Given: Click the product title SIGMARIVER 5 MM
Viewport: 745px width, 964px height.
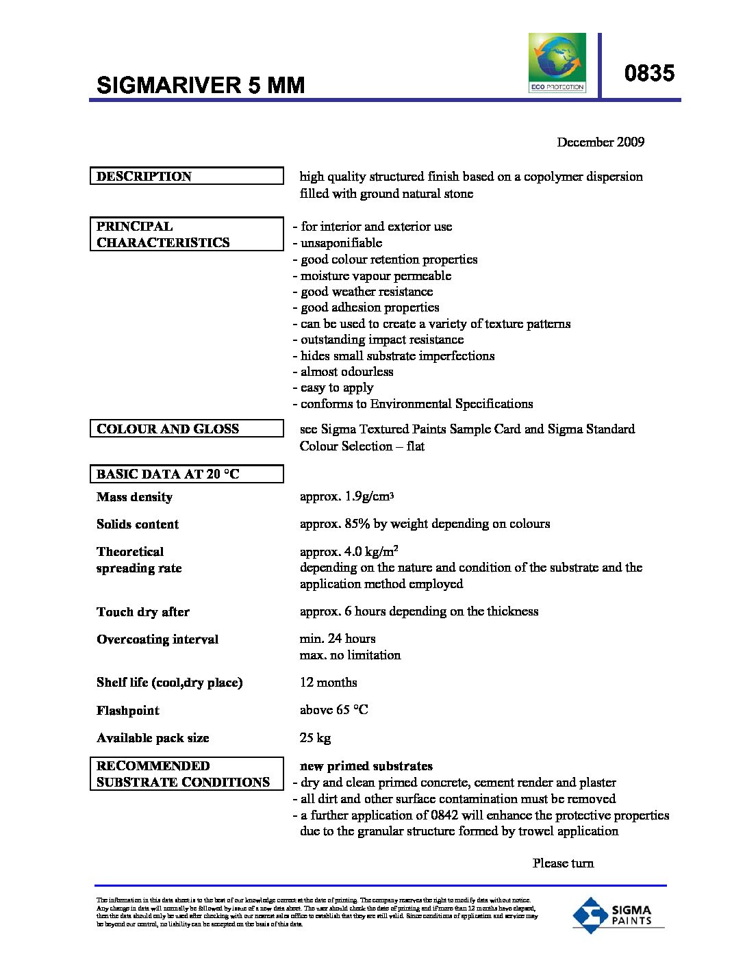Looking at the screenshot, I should tap(201, 85).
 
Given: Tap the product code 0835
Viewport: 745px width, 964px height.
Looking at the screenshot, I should tap(649, 73).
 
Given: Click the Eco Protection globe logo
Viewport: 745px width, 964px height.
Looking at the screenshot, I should tap(557, 62).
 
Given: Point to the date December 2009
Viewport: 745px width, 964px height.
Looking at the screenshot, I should tap(600, 142).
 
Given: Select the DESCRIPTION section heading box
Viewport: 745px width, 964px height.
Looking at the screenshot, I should tap(186, 176).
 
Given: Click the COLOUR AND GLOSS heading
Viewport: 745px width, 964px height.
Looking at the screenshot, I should tap(186, 429).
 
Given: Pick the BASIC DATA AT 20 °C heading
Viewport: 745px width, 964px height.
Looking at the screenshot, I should tap(186, 474).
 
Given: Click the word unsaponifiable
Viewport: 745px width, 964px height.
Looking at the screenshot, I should tap(341, 243).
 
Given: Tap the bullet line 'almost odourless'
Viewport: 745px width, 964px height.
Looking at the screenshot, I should tap(346, 372).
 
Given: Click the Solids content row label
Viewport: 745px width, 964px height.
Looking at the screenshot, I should tap(138, 524).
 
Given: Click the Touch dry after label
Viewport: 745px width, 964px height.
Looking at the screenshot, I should tap(143, 612).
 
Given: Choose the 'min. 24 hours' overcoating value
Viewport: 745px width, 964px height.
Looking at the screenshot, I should tap(338, 639).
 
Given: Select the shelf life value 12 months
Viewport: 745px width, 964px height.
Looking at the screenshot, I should tap(328, 683).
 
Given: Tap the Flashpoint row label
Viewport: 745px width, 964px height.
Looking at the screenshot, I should tap(128, 711).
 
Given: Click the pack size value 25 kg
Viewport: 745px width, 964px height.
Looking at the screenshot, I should tap(315, 738).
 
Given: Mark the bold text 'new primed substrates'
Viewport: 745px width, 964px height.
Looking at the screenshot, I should tap(366, 766).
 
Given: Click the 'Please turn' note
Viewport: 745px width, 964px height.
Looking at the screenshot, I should tap(563, 863).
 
